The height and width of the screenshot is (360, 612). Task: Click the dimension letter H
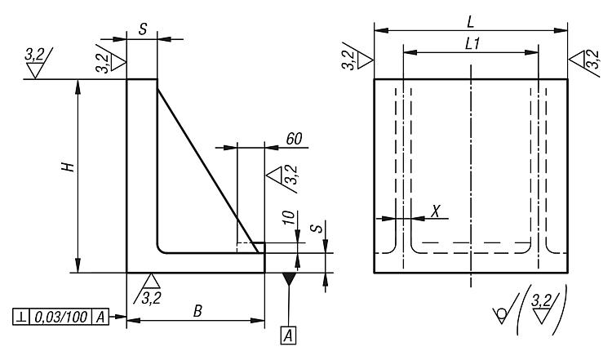pos(69,167)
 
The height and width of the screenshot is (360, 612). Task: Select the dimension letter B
pos(198,311)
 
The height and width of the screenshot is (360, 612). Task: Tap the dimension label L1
pos(472,43)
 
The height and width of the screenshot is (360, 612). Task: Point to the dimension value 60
pos(294,139)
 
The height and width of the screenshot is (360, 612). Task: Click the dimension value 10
pos(288,217)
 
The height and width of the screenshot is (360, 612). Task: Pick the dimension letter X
pos(436,211)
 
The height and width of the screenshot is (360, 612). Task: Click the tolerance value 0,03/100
pos(61,317)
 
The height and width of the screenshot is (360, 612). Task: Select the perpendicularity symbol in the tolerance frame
pos(20,317)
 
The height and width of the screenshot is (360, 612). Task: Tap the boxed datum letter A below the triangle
pos(288,336)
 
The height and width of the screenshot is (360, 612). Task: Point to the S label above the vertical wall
pos(143,29)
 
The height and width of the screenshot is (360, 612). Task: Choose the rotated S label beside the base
pos(319,229)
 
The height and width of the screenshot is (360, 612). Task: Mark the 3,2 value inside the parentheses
pos(542,300)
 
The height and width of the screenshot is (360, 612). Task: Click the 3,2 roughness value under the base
pos(152,298)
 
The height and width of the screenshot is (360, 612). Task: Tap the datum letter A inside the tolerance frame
pos(100,317)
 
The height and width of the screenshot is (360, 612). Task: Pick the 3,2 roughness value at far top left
pos(35,55)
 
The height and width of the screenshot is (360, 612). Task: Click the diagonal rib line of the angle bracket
pos(207,171)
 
